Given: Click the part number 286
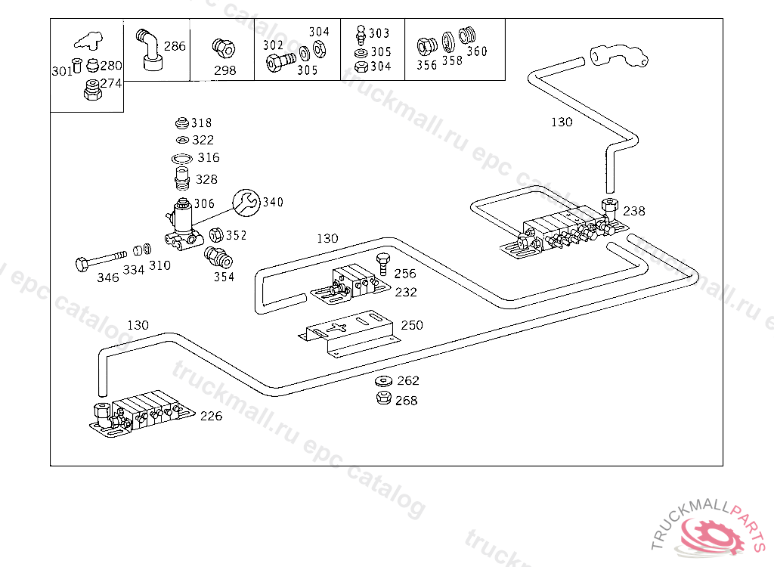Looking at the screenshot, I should pyautogui.click(x=175, y=46).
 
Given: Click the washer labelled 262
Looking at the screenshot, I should pyautogui.click(x=383, y=380).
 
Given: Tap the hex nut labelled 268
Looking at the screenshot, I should pyautogui.click(x=383, y=399).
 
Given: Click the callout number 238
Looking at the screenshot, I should pyautogui.click(x=633, y=212).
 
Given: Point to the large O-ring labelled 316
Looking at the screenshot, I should pyautogui.click(x=181, y=159).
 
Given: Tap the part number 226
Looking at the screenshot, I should pyautogui.click(x=211, y=416).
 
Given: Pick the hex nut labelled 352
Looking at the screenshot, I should pyautogui.click(x=215, y=235).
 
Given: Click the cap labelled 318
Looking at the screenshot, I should pyautogui.click(x=181, y=122).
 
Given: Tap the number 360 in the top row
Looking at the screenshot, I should pyautogui.click(x=477, y=51).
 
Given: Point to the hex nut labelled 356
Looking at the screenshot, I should pyautogui.click(x=426, y=47).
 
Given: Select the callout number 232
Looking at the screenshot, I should pyautogui.click(x=405, y=293).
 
